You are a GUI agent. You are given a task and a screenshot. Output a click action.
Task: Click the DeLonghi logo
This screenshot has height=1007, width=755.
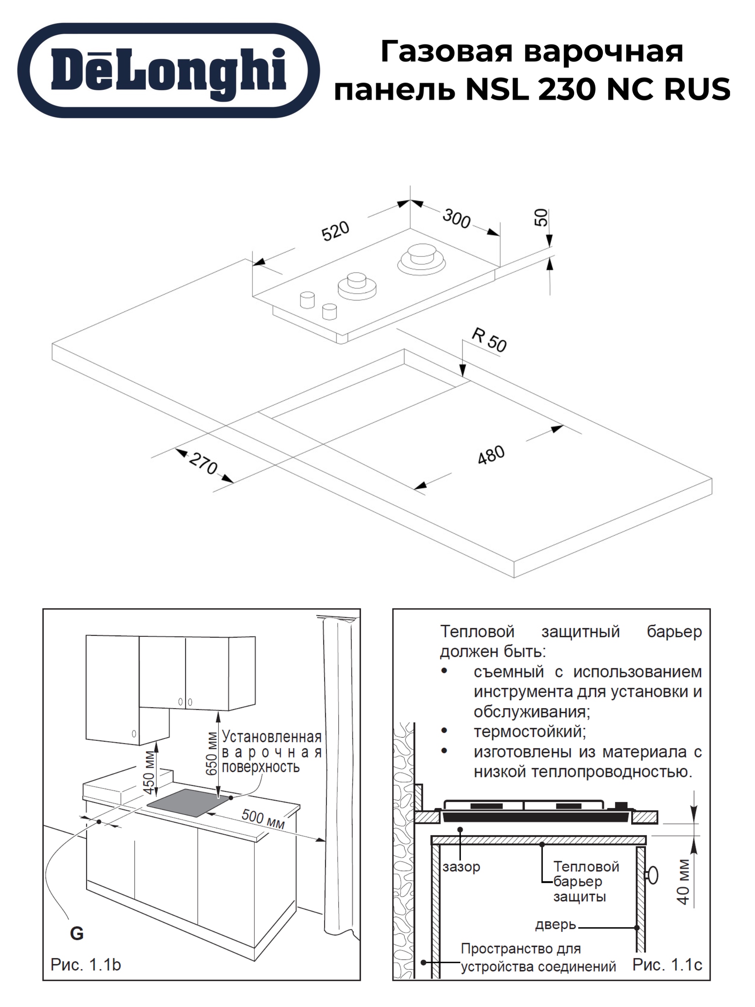168,70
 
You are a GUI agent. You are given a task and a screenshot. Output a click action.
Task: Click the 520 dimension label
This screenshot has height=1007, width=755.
335,231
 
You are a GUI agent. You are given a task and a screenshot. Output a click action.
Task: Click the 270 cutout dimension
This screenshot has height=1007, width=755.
203,463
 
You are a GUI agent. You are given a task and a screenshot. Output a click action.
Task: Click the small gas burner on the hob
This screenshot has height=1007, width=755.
357,285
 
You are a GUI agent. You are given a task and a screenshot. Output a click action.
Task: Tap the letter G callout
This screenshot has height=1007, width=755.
77,933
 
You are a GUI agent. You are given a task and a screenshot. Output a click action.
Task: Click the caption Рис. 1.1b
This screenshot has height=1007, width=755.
86,964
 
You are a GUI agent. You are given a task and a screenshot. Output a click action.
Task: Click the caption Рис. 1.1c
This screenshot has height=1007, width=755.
667,964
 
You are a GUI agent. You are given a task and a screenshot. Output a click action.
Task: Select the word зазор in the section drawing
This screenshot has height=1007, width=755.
461,867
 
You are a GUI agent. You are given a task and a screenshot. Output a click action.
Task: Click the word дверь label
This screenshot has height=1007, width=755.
556,924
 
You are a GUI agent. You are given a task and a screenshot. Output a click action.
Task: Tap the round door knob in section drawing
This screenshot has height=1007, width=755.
653,875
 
